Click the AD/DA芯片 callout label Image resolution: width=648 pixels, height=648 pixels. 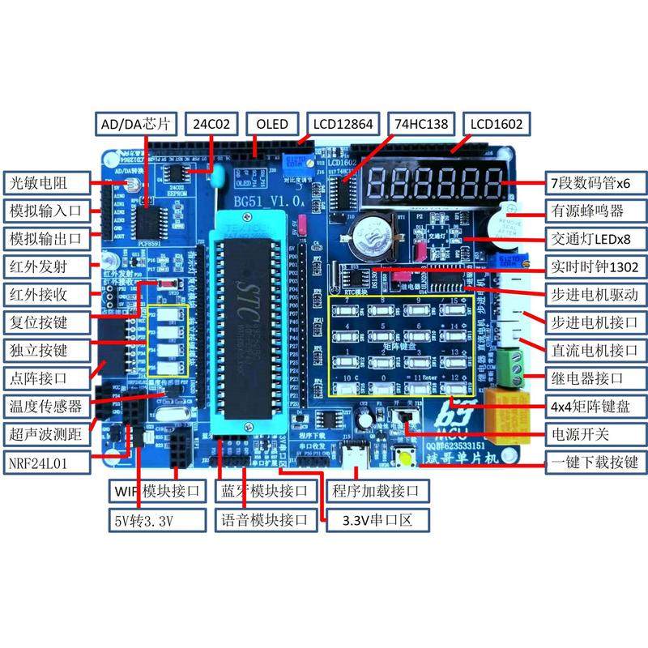(x=134, y=124)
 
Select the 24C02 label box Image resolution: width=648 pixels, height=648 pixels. (x=212, y=124)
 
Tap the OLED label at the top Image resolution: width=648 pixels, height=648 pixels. (x=272, y=124)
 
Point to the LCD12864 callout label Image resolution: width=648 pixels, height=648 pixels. (x=343, y=124)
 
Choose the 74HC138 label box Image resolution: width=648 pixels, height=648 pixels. (x=423, y=124)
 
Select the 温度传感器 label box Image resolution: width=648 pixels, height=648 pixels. (x=46, y=404)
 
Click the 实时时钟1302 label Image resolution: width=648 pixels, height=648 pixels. (x=595, y=266)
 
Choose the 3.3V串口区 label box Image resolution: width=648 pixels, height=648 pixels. (x=370, y=519)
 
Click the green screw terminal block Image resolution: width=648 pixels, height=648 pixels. (x=509, y=368)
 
